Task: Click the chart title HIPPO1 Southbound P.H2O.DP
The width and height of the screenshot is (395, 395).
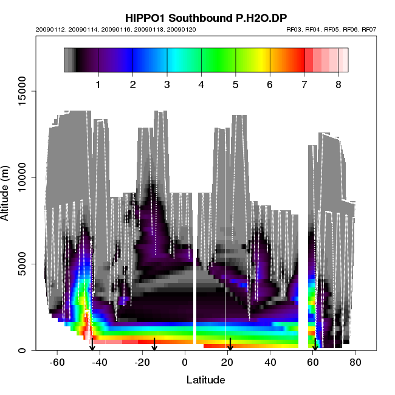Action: point(205,18)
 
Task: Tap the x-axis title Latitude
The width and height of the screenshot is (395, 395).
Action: point(205,380)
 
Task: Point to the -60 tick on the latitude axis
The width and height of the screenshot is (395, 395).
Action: point(57,363)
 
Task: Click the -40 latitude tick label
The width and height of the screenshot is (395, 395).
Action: point(99,363)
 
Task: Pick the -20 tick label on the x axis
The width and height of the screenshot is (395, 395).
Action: point(142,363)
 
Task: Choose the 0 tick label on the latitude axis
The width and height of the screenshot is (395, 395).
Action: point(185,363)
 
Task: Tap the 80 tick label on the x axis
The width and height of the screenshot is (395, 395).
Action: point(355,363)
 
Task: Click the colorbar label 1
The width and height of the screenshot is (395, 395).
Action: point(98,84)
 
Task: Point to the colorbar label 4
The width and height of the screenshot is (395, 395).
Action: point(201,84)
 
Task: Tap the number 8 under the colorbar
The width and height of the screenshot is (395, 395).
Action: point(338,84)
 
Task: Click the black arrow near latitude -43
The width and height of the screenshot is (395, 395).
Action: point(92,345)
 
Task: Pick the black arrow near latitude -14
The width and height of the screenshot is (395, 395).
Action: point(154,345)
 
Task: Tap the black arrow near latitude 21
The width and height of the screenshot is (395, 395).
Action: point(230,345)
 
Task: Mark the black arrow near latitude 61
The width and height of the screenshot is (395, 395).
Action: point(315,345)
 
